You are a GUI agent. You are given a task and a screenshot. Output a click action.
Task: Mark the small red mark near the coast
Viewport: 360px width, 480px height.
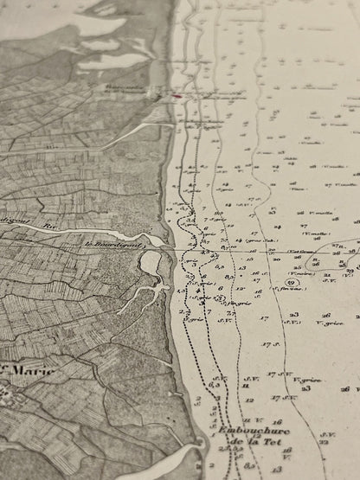point(177,97)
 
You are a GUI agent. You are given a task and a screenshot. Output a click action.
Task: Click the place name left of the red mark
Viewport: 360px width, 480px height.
point(139,89)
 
